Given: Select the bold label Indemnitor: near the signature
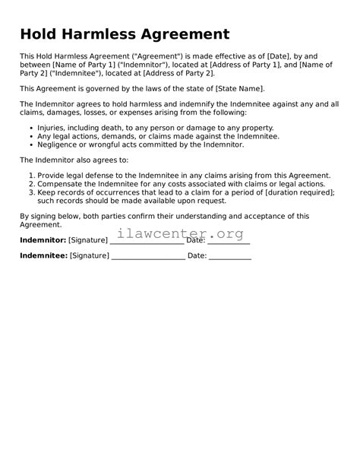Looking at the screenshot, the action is (x=43, y=240).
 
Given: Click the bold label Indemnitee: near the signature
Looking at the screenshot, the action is (x=43, y=256).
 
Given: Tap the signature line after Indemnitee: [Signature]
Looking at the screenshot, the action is (x=147, y=257).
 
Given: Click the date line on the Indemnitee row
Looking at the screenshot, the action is (x=230, y=257).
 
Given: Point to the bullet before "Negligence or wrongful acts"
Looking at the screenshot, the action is (x=30, y=144).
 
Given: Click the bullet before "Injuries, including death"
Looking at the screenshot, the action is (x=30, y=127).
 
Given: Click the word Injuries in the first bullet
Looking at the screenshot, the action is (x=52, y=127).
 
